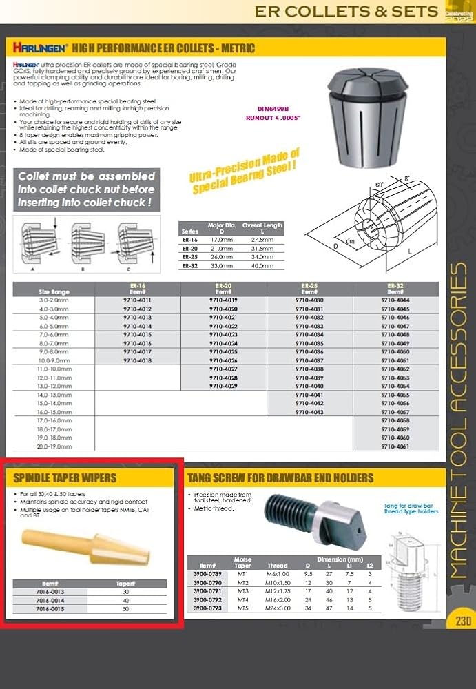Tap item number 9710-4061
395,446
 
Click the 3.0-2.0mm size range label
54,300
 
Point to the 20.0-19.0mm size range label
54,446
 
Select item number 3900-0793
207,608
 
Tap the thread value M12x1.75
277,590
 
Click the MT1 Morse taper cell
242,573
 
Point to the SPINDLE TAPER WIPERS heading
61,477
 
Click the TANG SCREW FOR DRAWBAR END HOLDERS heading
280,477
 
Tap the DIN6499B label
273,109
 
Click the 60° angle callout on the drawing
379,185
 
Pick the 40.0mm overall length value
262,266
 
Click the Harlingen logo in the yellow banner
40,48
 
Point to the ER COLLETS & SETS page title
346,11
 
